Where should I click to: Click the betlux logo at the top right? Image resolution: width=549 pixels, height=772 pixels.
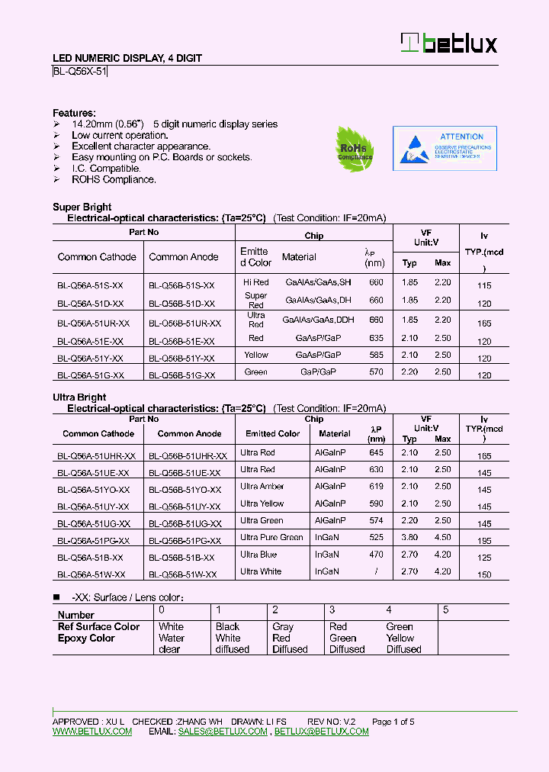(x=449, y=43)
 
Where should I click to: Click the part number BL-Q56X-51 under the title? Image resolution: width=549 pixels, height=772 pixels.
(x=80, y=72)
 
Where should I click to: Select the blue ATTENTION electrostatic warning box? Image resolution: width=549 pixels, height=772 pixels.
(x=445, y=147)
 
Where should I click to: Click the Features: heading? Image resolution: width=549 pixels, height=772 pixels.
(x=74, y=112)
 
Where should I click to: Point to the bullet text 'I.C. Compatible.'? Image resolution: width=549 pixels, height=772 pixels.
(x=106, y=169)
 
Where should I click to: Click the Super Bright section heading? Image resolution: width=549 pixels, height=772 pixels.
(x=82, y=207)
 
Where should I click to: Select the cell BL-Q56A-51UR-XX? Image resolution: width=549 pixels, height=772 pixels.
(x=93, y=323)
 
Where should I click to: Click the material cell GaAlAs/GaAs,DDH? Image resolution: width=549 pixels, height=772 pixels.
(x=314, y=320)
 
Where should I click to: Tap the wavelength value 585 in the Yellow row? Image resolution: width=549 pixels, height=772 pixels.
(x=376, y=355)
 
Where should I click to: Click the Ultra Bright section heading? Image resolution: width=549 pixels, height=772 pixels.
(x=79, y=397)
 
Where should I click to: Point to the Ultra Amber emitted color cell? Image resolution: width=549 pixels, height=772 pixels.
(x=262, y=487)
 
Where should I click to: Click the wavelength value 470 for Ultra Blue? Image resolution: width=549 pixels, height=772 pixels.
(x=376, y=555)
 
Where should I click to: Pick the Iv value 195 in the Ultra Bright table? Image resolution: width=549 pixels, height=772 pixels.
(x=483, y=541)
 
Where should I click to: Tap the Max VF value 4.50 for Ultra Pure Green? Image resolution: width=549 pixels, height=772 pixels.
(x=442, y=537)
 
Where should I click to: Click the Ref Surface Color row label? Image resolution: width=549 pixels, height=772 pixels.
(x=98, y=627)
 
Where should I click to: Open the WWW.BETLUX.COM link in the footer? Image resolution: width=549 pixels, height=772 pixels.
(x=92, y=732)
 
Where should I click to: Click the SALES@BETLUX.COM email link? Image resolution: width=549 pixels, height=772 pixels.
(x=223, y=732)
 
